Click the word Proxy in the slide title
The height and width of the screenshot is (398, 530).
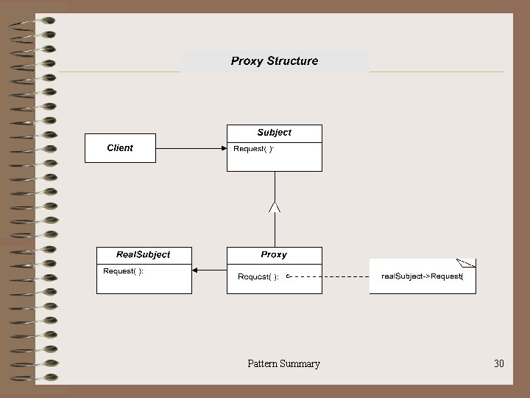247,61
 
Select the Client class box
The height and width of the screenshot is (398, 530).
120,148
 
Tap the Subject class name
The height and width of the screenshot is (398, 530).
274,133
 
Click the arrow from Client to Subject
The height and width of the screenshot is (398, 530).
191,148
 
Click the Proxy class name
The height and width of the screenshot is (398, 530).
274,254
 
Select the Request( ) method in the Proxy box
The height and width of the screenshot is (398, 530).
258,277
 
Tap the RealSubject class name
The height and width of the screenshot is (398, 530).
144,254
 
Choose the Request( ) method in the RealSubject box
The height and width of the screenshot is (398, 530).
123,271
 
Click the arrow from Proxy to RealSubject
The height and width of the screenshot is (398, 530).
209,270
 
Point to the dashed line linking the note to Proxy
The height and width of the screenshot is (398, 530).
331,276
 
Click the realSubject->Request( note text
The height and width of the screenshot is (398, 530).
422,276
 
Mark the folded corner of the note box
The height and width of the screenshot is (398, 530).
467,262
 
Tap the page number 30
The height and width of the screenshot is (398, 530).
499,363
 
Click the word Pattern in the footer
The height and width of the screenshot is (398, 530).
262,363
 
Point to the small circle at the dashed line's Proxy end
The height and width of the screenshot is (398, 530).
289,276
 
